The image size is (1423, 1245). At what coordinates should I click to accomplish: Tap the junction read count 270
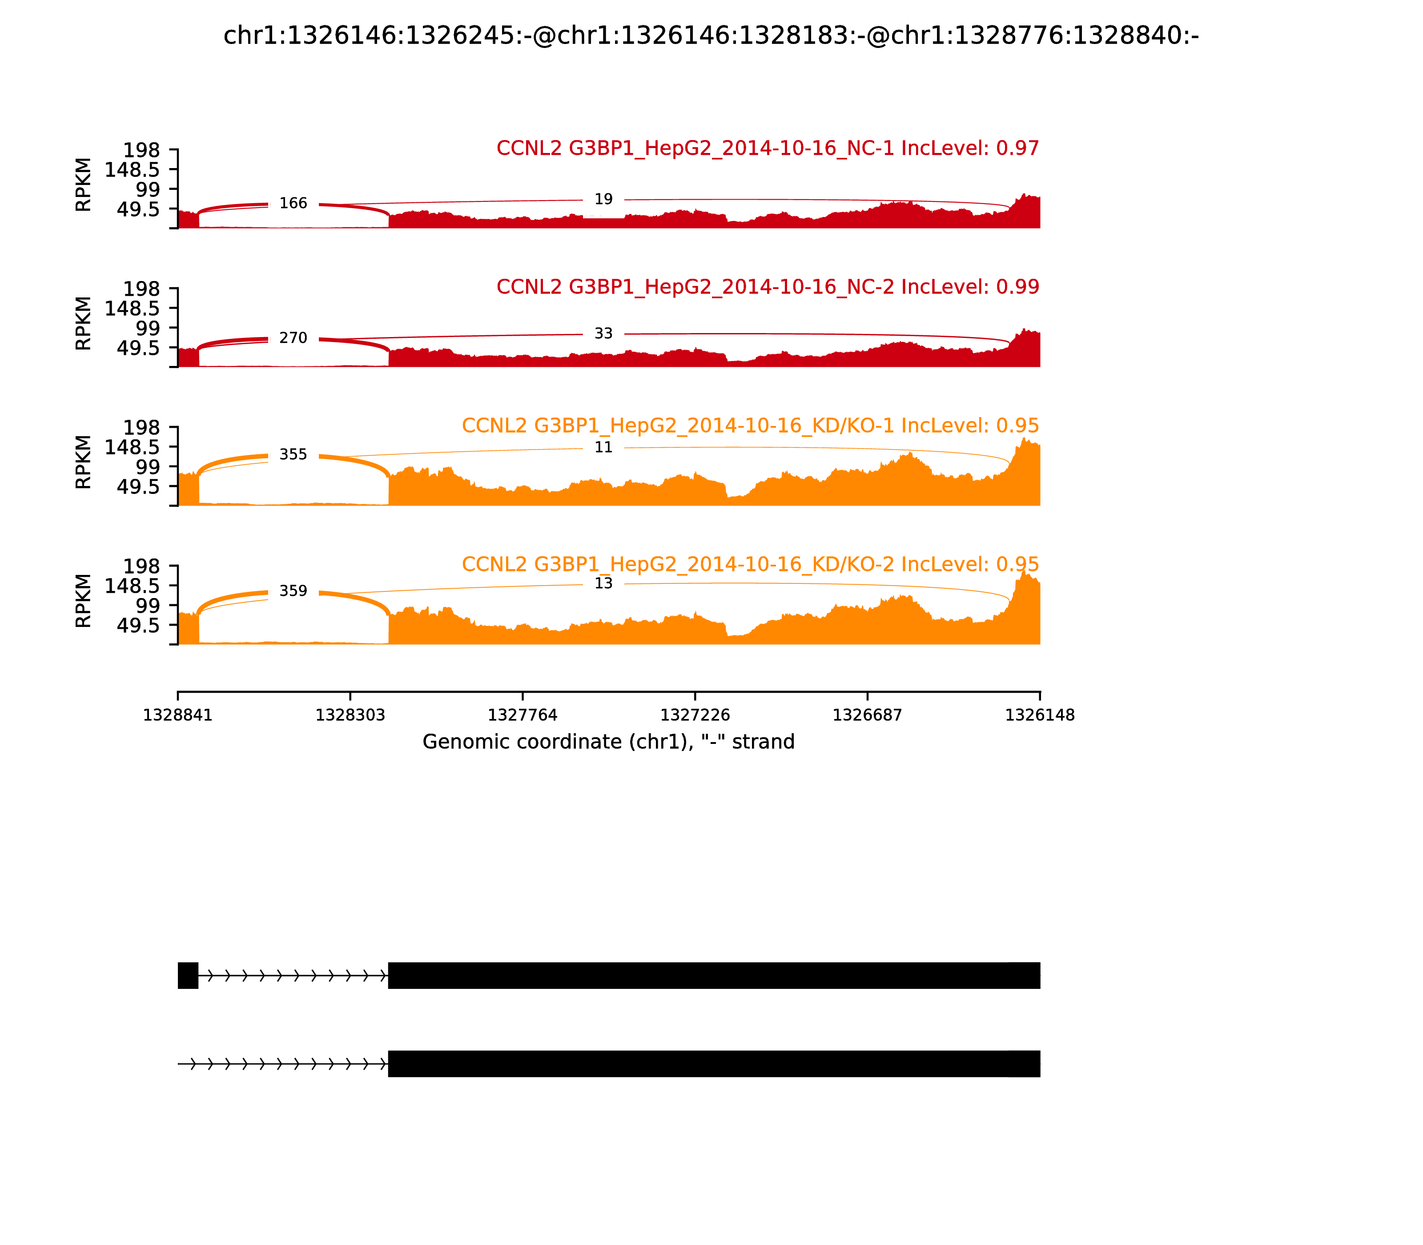pyautogui.click(x=293, y=338)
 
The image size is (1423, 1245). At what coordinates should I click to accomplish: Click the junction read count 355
pyautogui.click(x=293, y=455)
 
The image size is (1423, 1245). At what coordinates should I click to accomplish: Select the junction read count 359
pyautogui.click(x=293, y=591)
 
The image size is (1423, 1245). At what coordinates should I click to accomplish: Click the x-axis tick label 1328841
pyautogui.click(x=178, y=715)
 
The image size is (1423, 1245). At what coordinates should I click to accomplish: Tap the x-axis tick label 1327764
pyautogui.click(x=523, y=715)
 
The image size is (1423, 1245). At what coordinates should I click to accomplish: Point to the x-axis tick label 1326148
pyautogui.click(x=1040, y=715)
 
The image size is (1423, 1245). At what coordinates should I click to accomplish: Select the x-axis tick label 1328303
pyautogui.click(x=350, y=715)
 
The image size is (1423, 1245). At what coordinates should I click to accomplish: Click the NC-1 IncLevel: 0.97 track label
pyautogui.click(x=768, y=149)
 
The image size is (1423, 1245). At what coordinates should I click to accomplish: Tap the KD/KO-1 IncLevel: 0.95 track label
pyautogui.click(x=751, y=426)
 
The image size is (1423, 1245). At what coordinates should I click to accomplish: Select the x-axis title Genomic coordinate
pyautogui.click(x=609, y=742)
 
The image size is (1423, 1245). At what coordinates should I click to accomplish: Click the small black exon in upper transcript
pyautogui.click(x=188, y=976)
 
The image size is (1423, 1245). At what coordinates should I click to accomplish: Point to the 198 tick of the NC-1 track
pyautogui.click(x=142, y=150)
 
